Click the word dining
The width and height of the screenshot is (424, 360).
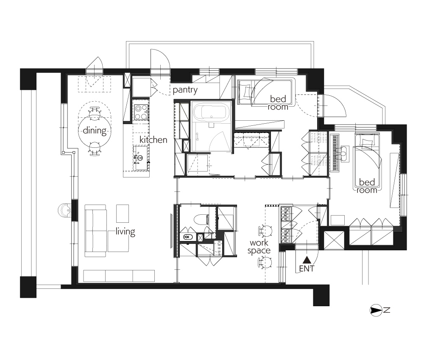point(95,130)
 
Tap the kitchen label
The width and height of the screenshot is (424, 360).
point(153,140)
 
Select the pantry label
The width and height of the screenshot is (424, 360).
point(185,90)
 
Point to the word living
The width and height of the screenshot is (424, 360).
point(125,232)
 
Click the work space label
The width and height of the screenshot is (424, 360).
point(259,247)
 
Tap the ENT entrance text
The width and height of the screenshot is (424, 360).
point(307,269)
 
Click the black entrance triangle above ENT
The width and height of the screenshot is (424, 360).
point(307,260)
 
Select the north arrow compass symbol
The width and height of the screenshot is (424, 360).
point(376,310)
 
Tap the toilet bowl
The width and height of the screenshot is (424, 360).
point(201,219)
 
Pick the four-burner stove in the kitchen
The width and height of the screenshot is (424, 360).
point(141,112)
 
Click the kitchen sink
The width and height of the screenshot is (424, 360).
point(141,158)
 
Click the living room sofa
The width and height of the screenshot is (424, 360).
point(95,231)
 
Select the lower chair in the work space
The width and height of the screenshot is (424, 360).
point(265,262)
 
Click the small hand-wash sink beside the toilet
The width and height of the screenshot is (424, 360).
point(187,238)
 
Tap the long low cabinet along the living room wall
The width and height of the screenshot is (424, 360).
point(119,276)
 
